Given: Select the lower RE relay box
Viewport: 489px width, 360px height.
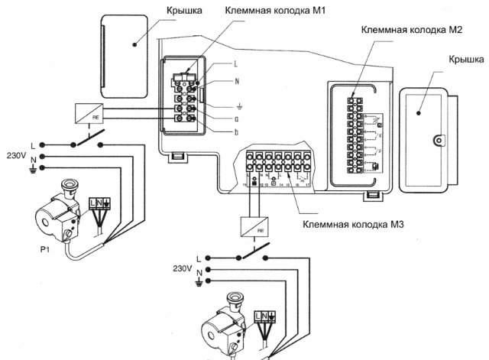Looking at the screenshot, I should pos(254,226).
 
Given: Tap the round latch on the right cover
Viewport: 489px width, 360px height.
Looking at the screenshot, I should pos(439,140).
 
